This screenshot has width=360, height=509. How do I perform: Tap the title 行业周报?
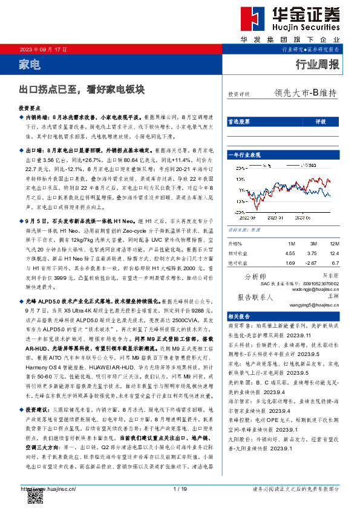pyautogui.click(x=317, y=65)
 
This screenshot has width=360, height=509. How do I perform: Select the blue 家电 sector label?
pyautogui.click(x=30, y=65)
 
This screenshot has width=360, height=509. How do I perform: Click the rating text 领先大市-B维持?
pyautogui.click(x=305, y=94)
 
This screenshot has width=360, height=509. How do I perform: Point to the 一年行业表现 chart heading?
pyautogui.click(x=245, y=155)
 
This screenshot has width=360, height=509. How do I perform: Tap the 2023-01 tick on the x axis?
pyautogui.click(x=275, y=216)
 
